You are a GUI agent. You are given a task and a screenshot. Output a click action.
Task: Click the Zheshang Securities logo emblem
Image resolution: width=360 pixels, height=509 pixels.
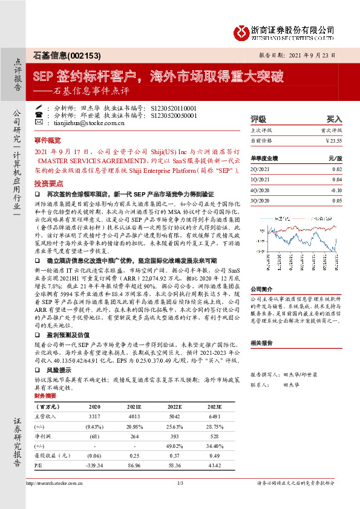pos(243,31)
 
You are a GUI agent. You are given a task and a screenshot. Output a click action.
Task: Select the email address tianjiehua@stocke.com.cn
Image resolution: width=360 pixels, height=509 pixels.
pos(81,122)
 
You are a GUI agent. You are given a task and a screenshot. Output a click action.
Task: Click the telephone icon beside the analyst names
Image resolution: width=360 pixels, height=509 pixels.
pos(39,107)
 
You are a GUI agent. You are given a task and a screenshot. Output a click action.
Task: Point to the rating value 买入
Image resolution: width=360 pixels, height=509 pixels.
pos(335,119)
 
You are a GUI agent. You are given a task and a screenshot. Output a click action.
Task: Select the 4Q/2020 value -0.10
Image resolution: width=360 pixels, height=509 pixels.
pos(336,190)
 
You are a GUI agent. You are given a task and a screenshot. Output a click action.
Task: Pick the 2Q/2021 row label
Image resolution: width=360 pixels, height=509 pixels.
pos(258,170)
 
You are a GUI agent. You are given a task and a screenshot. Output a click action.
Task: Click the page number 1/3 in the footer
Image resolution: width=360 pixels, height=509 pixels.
pos(180,484)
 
